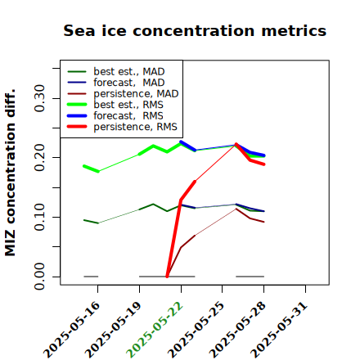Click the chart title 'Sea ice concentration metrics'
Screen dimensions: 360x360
(x=195, y=30)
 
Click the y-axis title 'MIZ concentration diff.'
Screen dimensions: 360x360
(x=10, y=173)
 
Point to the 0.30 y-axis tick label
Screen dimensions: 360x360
(x=39, y=98)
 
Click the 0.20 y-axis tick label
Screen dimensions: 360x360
(x=39, y=158)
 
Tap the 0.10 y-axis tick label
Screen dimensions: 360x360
(x=39, y=217)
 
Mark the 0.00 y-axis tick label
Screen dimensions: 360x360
(x=39, y=277)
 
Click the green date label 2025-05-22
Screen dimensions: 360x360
(x=155, y=330)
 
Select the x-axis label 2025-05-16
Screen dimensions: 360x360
(x=71, y=330)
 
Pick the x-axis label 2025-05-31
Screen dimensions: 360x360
(x=279, y=330)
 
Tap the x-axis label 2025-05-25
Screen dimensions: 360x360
(x=196, y=330)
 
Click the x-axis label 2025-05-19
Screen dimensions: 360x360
(x=113, y=330)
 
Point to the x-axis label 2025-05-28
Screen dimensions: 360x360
(x=237, y=330)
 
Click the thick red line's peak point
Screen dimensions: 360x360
(x=236, y=144)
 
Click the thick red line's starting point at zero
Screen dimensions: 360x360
(x=167, y=277)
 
